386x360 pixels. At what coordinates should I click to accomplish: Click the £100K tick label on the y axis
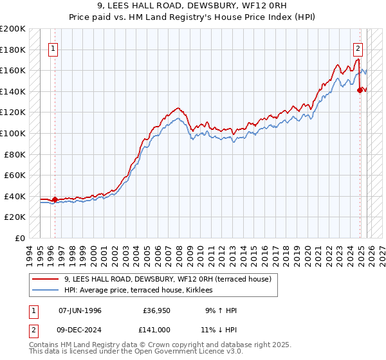point(13,133)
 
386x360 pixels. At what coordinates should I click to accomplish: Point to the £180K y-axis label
point(13,50)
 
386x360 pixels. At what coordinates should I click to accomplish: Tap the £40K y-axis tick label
point(15,196)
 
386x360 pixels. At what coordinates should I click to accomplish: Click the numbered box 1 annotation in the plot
point(53,47)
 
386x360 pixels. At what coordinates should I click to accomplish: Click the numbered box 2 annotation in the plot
point(358,47)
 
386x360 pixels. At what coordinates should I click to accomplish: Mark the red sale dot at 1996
point(55,199)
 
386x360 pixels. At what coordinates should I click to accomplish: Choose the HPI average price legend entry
point(142,291)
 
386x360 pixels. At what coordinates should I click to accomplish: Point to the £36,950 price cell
point(156,310)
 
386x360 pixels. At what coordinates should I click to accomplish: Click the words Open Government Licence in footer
point(187,353)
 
